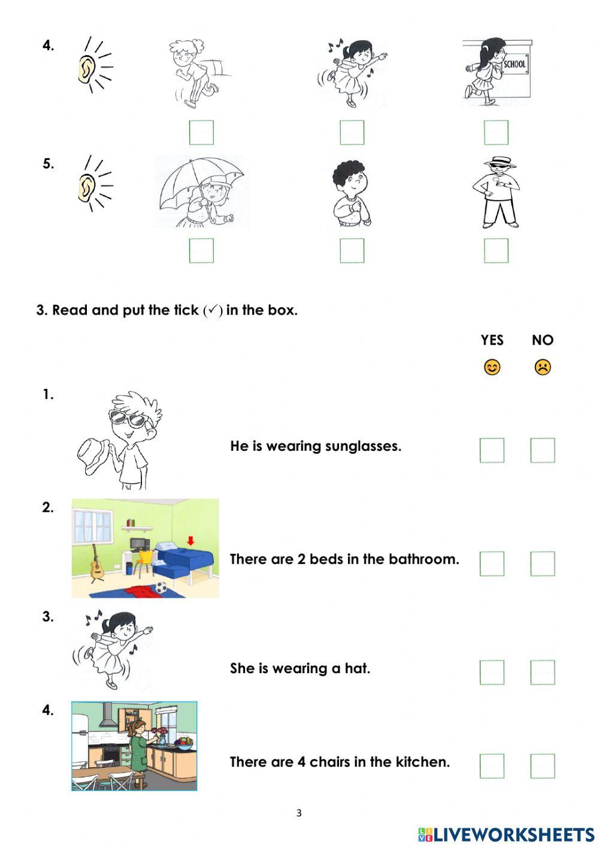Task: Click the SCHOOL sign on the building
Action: point(515,64)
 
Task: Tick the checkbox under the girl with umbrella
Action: point(201,251)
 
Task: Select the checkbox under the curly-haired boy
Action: point(352,251)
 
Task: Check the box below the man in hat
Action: point(496,251)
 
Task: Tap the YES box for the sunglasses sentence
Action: point(492,450)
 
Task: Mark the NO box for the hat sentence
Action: point(543,672)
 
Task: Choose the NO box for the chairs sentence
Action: point(543,765)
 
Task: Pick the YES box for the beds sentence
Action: point(492,563)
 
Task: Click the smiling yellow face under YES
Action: point(492,367)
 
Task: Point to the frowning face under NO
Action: point(543,367)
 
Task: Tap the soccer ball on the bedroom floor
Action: point(161,589)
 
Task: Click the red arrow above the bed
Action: point(190,541)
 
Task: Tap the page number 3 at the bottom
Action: point(299,813)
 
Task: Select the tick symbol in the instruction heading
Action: point(213,311)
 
